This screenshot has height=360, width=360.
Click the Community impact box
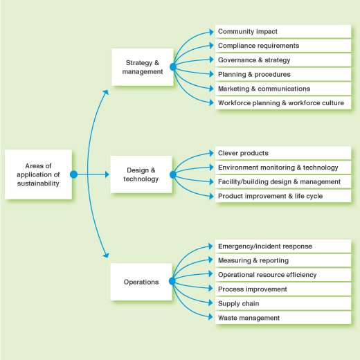[x=283, y=31]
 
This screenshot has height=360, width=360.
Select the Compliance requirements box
[x=283, y=46]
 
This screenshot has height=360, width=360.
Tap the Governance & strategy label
[x=254, y=60]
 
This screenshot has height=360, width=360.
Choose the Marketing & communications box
[x=283, y=89]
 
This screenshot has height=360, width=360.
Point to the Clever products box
[x=283, y=153]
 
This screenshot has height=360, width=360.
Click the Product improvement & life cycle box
[x=283, y=196]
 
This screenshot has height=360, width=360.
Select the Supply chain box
[x=283, y=303]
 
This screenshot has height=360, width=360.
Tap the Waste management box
[x=283, y=318]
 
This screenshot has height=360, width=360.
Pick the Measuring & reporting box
[x=283, y=260]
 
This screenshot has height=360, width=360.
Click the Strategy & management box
[x=143, y=67]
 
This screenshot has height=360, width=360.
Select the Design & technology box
[x=141, y=174]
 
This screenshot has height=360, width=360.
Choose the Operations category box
[x=141, y=282]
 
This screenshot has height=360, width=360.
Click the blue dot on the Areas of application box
[x=73, y=174]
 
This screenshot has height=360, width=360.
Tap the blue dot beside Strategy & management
[x=173, y=67]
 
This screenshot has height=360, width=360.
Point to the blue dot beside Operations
[x=172, y=281]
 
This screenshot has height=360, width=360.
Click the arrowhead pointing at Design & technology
[x=107, y=174]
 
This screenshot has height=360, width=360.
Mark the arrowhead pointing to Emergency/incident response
[x=210, y=246]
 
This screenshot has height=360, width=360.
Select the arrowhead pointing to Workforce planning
[x=211, y=102]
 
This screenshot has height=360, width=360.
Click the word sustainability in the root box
[x=38, y=183]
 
